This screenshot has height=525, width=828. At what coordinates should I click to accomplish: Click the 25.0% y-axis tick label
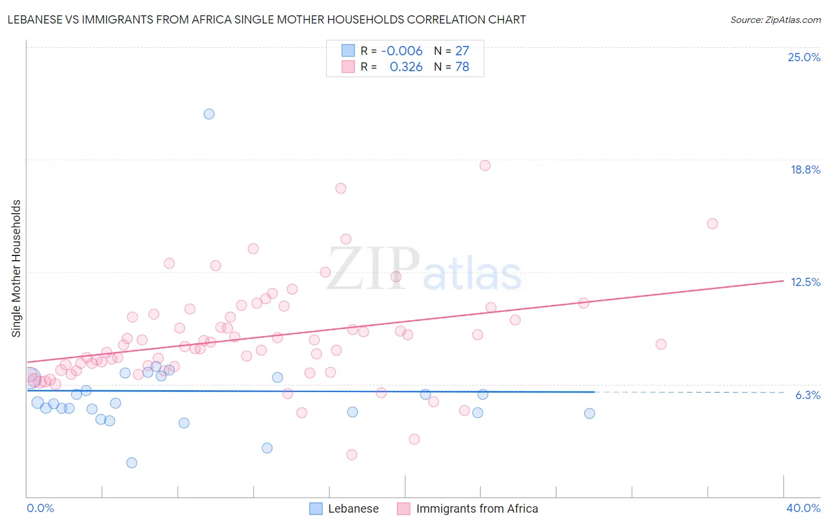click(x=804, y=57)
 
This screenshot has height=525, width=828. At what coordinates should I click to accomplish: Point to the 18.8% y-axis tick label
click(x=805, y=170)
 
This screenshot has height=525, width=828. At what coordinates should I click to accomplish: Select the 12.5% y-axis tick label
click(x=805, y=282)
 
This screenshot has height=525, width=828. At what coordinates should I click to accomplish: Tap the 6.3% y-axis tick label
click(x=807, y=395)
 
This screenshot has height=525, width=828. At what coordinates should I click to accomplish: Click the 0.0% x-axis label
click(x=40, y=508)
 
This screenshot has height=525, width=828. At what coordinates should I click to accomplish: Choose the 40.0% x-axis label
click(x=803, y=508)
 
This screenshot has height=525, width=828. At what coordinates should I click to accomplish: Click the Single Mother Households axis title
click(x=16, y=268)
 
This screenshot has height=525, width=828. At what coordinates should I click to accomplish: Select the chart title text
click(x=267, y=19)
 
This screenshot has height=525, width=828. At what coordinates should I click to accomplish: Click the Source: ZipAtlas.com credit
click(x=775, y=19)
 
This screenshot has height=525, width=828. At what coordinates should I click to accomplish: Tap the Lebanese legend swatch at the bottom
click(x=316, y=509)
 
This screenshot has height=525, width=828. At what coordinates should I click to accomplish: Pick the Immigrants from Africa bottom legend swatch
click(x=403, y=509)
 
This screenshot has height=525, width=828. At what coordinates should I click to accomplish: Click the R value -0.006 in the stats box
click(x=402, y=51)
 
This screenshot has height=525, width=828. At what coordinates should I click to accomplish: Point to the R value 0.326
click(x=406, y=67)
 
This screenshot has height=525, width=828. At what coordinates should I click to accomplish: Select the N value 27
click(x=462, y=51)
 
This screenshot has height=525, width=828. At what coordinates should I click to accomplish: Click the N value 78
click(x=462, y=67)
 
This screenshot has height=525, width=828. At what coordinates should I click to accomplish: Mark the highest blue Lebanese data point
click(x=209, y=114)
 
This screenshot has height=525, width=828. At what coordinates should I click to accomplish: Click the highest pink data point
click(x=485, y=165)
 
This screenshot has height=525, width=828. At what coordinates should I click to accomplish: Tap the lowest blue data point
click(x=132, y=463)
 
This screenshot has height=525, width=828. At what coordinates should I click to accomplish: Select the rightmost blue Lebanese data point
click(x=589, y=413)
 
